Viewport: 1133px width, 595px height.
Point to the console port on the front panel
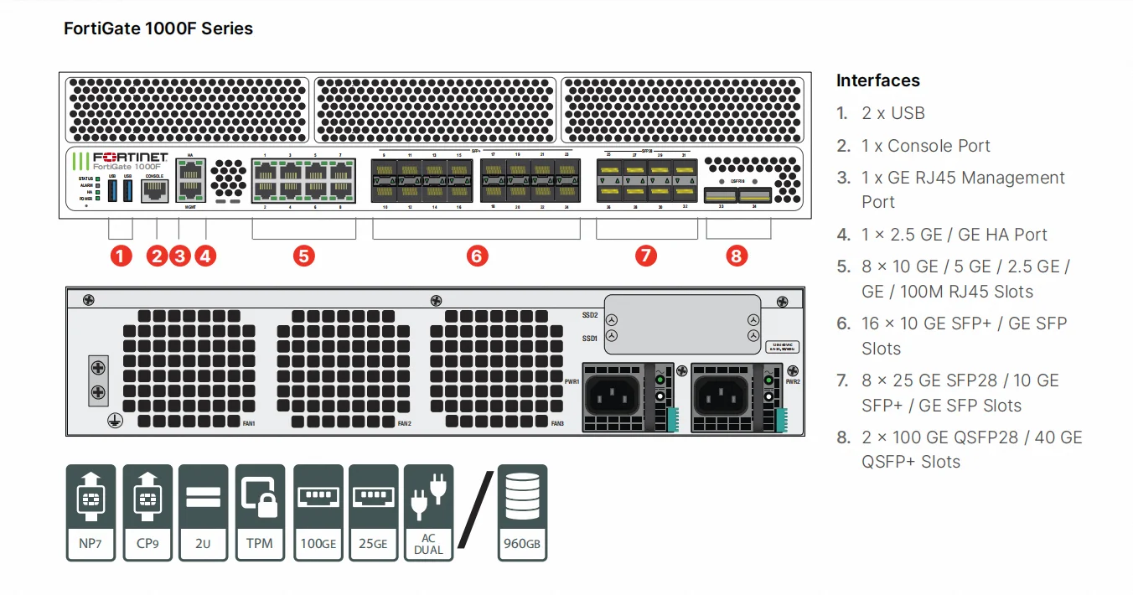154,191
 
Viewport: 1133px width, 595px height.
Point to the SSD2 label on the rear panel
589,315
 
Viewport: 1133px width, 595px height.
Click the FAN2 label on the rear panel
404,424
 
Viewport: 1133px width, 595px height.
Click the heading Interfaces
877,80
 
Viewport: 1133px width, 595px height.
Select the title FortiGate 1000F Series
158,28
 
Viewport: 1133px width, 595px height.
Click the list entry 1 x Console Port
925,146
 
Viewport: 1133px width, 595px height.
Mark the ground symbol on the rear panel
111,424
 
